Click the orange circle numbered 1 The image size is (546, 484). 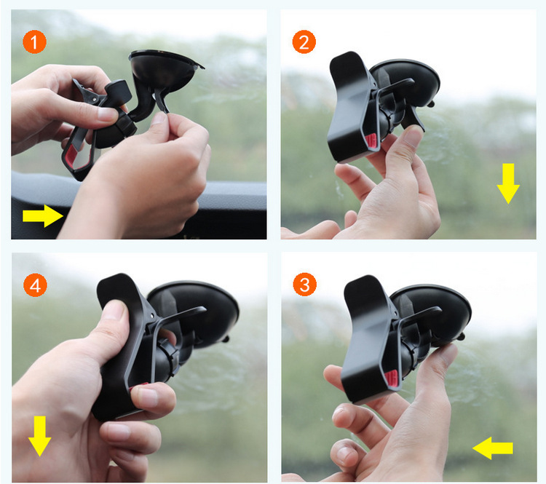click(34, 42)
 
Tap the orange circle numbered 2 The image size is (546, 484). click(304, 42)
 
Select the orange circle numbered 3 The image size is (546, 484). click(305, 285)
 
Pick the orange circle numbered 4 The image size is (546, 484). click(35, 285)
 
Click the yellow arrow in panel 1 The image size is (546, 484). click(43, 216)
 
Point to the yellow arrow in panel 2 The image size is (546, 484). click(508, 183)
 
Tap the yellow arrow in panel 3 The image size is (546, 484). click(492, 448)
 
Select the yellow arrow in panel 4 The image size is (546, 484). click(40, 436)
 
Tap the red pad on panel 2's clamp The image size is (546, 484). click(372, 142)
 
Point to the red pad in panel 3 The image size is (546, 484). click(391, 379)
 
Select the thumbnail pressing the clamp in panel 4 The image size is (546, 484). click(114, 310)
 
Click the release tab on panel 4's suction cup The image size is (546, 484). click(226, 338)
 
